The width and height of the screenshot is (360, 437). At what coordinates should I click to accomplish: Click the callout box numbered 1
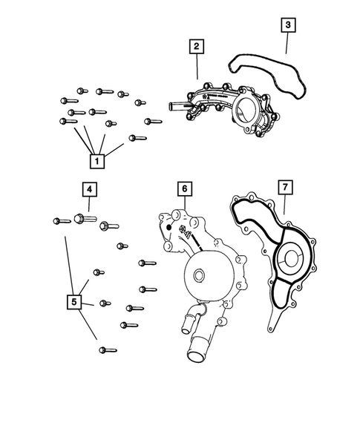click(x=96, y=159)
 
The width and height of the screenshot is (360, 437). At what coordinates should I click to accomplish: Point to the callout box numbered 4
click(x=88, y=191)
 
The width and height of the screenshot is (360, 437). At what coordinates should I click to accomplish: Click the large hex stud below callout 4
click(x=81, y=219)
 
